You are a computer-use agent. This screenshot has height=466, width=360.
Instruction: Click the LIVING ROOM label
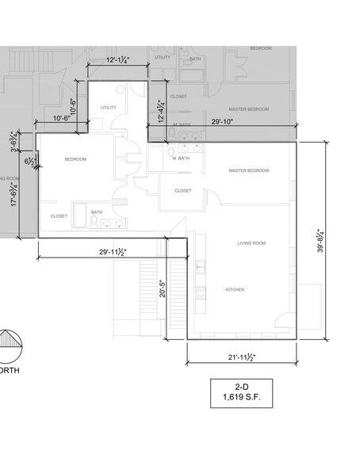click(251, 243)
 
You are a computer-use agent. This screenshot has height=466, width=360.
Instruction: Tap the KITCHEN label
click(235, 289)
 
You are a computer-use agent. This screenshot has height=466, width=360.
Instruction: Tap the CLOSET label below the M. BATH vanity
click(183, 191)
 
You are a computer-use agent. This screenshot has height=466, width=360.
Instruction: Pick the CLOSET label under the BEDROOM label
click(59, 216)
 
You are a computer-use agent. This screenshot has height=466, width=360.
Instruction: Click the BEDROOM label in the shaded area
click(261, 49)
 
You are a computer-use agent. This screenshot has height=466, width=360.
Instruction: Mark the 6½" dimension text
click(29, 162)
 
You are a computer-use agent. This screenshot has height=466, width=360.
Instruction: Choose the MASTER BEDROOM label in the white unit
click(249, 171)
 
